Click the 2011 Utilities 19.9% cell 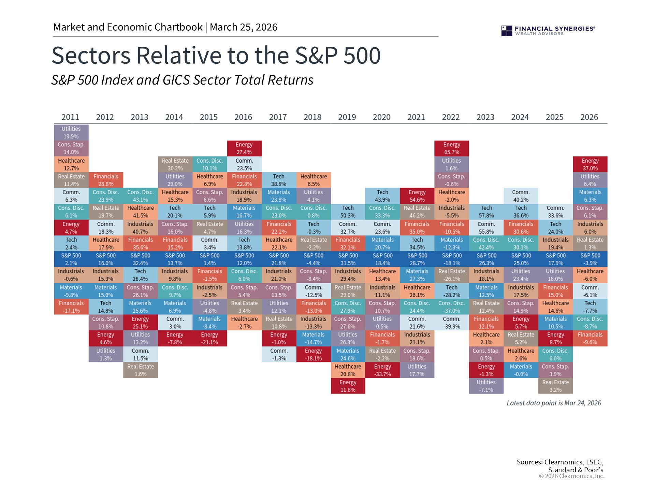(x=71, y=132)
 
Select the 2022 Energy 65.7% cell (x=452, y=148)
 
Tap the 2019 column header (x=347, y=117)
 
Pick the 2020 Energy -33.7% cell (x=382, y=370)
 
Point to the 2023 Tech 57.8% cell (x=486, y=212)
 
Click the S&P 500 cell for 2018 (x=314, y=259)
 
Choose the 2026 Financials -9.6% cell (x=590, y=338)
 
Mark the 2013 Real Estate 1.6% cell (x=141, y=370)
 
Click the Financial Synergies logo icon (x=507, y=31)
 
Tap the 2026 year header (x=589, y=117)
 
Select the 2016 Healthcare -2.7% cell (x=244, y=323)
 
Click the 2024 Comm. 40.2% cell (x=521, y=196)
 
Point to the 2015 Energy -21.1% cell (x=210, y=338)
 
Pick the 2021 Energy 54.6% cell (x=417, y=196)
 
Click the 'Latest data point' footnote (x=554, y=403)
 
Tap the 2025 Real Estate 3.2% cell (x=555, y=386)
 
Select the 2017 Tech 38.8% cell (x=279, y=180)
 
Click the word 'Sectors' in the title (x=91, y=55)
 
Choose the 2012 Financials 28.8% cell (x=106, y=180)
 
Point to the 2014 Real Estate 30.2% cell (x=175, y=164)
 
